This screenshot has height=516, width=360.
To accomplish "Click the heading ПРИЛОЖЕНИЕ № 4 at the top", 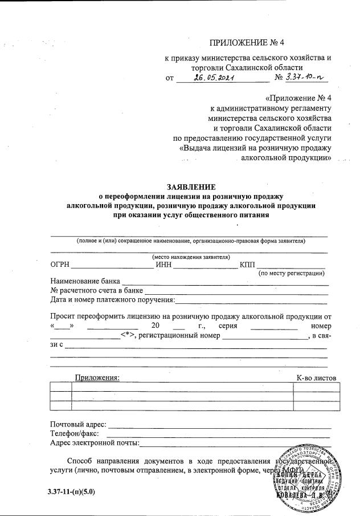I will click(x=247, y=42).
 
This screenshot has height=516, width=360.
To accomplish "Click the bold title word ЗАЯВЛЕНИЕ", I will click(x=191, y=187).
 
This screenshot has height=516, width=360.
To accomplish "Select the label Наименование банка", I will click(x=85, y=281).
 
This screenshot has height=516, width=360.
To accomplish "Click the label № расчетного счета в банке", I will click(x=96, y=290).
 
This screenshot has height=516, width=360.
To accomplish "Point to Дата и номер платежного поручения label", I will click(x=112, y=299).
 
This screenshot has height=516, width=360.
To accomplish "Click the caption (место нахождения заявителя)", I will click(x=191, y=257).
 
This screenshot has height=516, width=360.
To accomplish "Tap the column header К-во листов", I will click(x=316, y=377).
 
